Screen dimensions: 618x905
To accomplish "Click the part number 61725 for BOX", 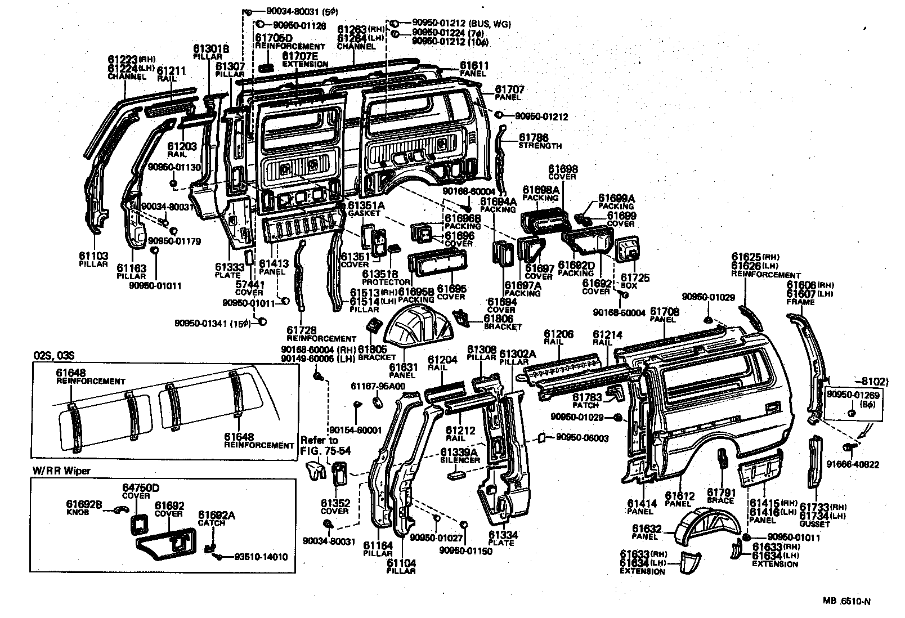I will coord(634,277).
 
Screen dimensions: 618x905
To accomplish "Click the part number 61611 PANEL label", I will coord(474,66).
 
